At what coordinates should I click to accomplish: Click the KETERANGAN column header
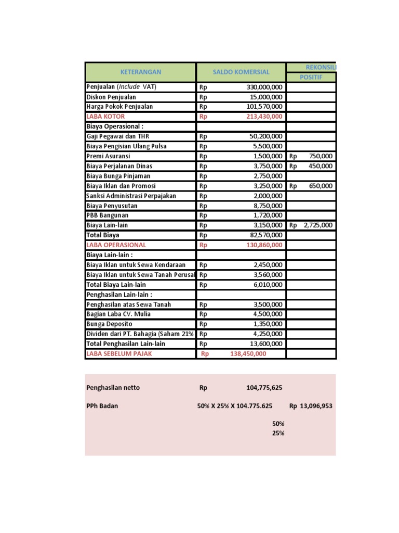coord(140,72)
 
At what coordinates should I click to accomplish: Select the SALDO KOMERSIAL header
coord(240,72)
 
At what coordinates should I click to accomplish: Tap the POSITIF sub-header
coord(311,77)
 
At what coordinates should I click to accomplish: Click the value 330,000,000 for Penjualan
coord(264,87)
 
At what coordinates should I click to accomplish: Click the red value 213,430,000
coord(264,117)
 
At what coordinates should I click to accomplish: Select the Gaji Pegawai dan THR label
coord(117,136)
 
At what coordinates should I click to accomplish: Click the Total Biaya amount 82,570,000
coord(265,235)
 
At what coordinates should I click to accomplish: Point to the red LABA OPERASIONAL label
coord(116,245)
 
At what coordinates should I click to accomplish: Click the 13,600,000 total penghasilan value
coord(265,344)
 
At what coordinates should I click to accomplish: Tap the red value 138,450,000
coord(248,354)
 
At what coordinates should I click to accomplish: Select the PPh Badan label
coord(102,406)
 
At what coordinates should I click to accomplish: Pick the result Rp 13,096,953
coord(311,406)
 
